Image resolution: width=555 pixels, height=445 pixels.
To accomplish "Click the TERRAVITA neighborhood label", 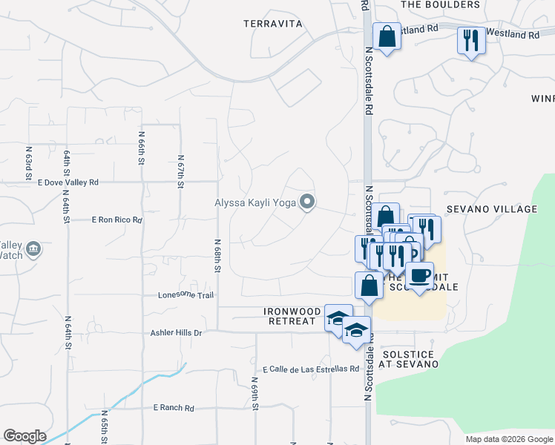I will coord(273,24).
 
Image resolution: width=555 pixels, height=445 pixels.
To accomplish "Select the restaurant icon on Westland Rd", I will coord(470,40).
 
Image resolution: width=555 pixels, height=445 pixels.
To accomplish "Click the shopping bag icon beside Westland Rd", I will coord(387,36).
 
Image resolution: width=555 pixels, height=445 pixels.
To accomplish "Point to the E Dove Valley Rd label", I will coord(62,182).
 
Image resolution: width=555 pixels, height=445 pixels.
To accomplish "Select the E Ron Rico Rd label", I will coord(116,220).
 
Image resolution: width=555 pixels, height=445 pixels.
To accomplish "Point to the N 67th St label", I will coord(180,171).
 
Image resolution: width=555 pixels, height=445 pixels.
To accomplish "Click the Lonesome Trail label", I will coord(185,295).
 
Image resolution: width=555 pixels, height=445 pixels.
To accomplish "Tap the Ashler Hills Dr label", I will coord(177,334).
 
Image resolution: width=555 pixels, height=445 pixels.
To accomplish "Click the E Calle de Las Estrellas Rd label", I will coord(310,369).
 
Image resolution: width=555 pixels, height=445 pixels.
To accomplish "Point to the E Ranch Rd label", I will coord(173,408).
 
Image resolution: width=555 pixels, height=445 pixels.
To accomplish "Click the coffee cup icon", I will coord(420,275).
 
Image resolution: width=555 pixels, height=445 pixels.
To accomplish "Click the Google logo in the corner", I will coord(24,436).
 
